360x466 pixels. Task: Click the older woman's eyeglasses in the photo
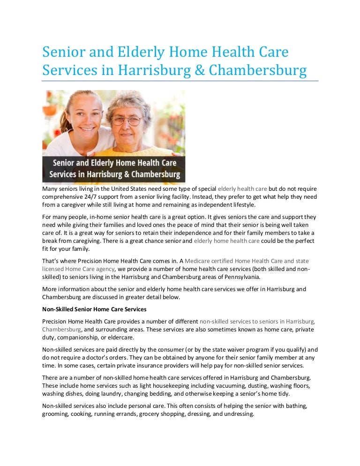(126, 120)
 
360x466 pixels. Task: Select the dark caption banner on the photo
(114, 169)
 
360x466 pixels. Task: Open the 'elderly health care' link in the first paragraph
(242, 189)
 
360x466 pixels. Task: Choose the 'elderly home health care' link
(226, 241)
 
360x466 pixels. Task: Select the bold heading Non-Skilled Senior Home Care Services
(94, 309)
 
